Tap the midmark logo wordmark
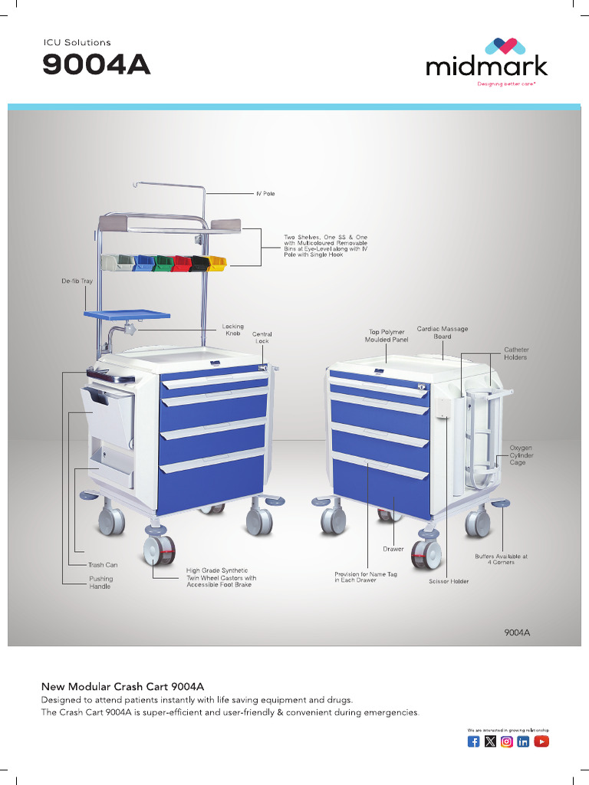[487, 67]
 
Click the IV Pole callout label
[265, 194]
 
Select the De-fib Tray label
[77, 281]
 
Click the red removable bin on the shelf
[182, 264]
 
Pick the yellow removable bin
[218, 264]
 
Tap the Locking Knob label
[232, 330]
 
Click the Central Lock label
[262, 337]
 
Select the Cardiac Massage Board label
[443, 333]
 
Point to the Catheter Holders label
[516, 353]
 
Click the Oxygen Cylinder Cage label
[522, 455]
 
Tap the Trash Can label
[103, 565]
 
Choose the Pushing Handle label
[100, 583]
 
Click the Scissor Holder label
[449, 582]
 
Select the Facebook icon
[474, 741]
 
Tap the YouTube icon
[541, 741]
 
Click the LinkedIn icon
[524, 741]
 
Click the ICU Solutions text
[77, 42]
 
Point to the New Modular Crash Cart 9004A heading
[122, 685]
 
